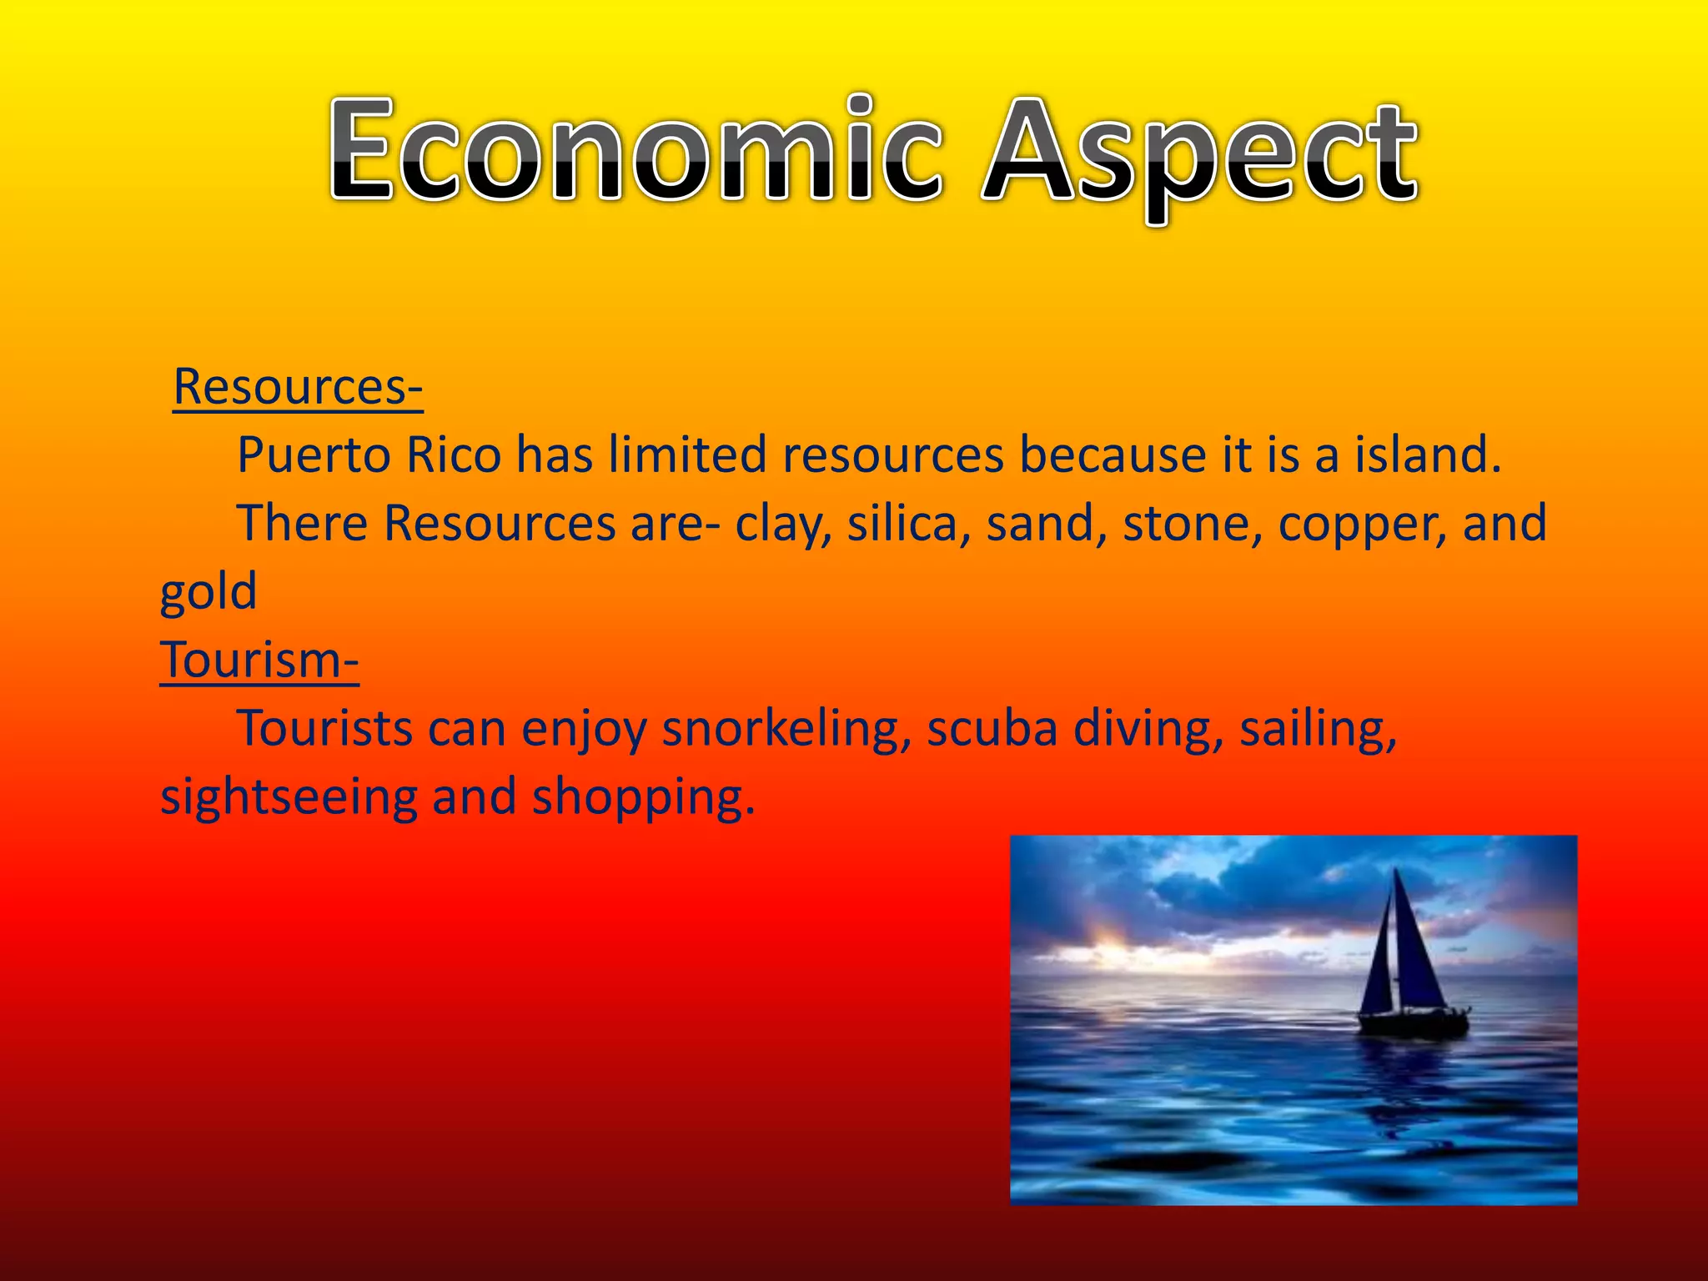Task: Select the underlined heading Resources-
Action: point(298,388)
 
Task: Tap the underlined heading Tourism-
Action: point(259,661)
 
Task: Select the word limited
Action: point(687,456)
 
